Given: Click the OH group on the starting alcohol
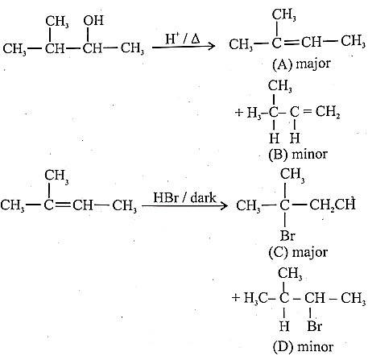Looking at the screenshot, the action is point(93,20).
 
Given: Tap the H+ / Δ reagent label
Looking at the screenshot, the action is point(183,39).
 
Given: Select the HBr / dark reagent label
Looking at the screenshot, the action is point(184,198).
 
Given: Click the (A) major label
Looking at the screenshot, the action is point(301,64).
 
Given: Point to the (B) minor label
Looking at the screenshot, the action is point(298,155).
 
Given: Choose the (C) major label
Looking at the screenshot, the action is point(298,252).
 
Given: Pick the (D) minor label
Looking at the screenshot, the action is point(303,347).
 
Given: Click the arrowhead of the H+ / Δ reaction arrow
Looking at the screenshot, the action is point(212,46).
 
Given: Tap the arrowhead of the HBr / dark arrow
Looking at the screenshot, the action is point(225,206).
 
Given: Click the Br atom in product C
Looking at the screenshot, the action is point(287,236).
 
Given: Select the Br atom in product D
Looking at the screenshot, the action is point(315,326).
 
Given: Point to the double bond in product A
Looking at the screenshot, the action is point(291,43).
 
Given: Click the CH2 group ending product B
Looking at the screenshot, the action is point(328,112).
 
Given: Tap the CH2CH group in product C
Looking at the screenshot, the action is point(333,205).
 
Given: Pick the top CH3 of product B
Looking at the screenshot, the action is point(279,86).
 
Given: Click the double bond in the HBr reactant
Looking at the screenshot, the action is point(63,205).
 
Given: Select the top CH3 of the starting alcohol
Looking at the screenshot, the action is point(57,21).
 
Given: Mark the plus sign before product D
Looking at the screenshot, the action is point(236,297).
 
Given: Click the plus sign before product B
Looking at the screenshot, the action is point(238,112).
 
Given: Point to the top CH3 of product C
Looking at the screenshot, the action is point(292,175).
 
